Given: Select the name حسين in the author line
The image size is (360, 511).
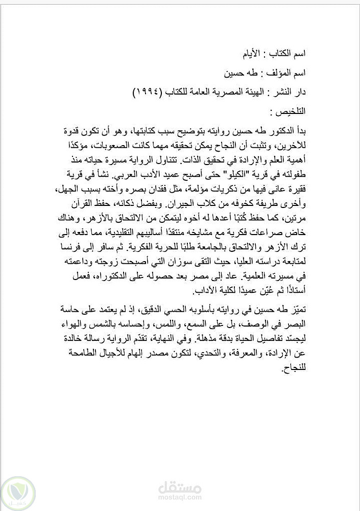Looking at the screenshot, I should coord(232,73).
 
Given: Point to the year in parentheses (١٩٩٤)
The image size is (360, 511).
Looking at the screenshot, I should coord(147,92).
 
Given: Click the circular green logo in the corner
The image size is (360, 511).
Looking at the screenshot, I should coord(18,493).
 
